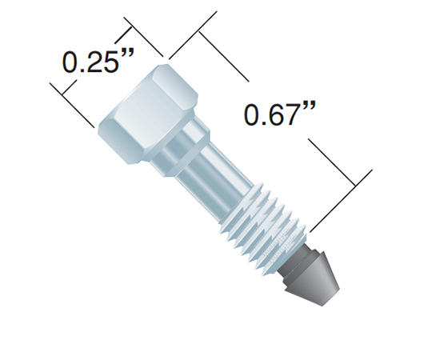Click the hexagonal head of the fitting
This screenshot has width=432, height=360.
point(148,114)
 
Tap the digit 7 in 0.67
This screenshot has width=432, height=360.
point(290,114)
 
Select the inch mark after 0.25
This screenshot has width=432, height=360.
point(127,53)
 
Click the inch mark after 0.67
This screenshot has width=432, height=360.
point(309,106)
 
